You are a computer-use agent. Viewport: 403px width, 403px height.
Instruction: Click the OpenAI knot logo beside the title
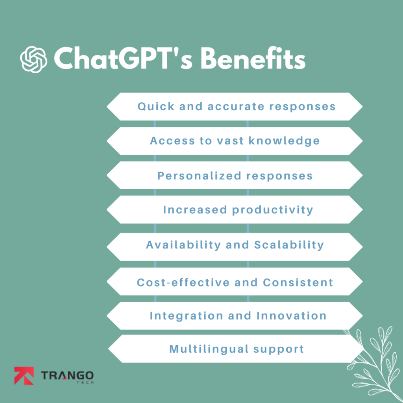point(33,59)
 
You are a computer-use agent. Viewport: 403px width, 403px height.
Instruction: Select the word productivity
point(273,210)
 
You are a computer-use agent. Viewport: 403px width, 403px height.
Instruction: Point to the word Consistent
point(298,282)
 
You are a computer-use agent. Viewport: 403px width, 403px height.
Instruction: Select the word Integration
point(185,316)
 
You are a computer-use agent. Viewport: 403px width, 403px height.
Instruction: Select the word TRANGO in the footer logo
point(67,375)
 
